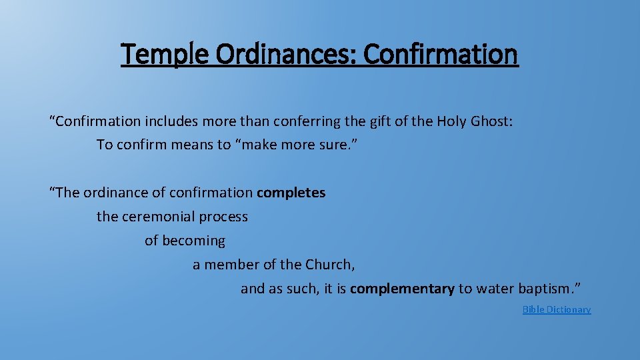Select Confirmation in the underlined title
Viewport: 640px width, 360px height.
[x=441, y=54]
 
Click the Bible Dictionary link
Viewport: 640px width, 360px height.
[x=557, y=309]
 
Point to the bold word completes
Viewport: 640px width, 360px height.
[x=291, y=193]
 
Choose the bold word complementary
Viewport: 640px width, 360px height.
[x=402, y=289]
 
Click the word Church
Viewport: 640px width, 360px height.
[x=329, y=265]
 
